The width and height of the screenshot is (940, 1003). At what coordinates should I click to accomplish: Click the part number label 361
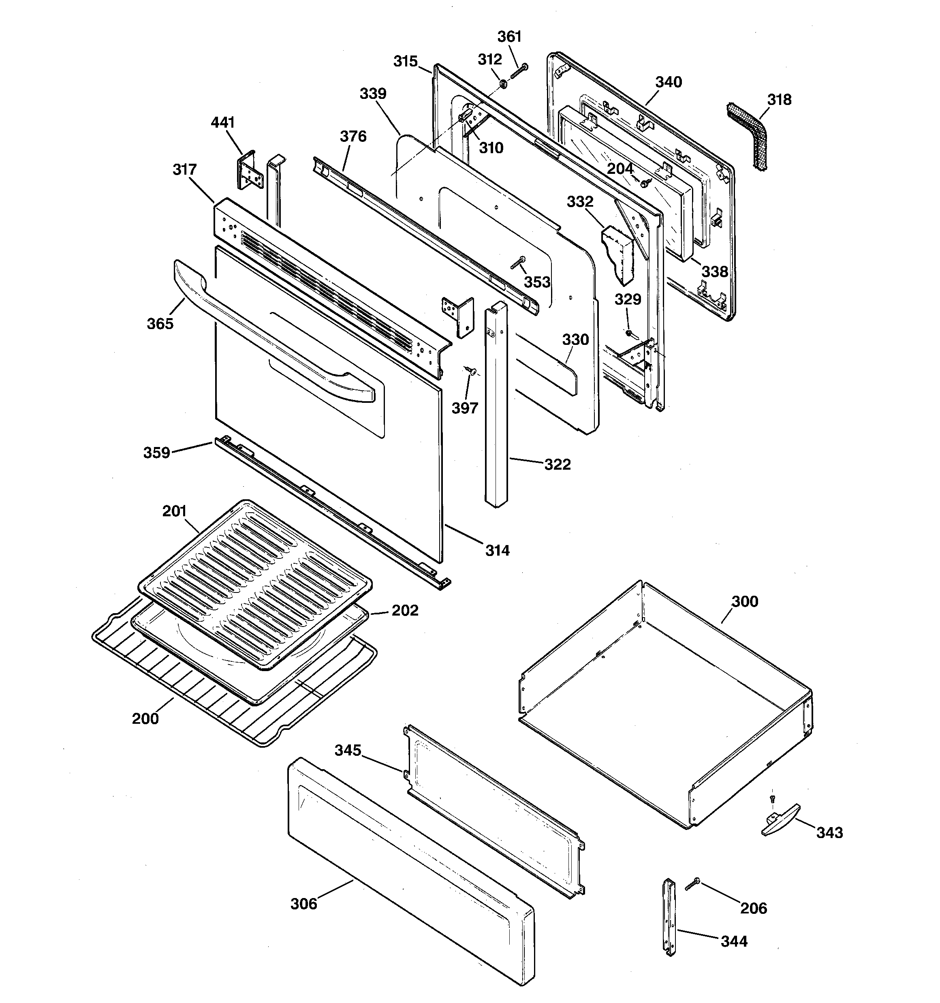pos(509,37)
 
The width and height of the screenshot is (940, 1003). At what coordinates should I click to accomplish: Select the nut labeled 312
pos(504,83)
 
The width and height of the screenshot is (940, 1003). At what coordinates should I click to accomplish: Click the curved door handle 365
pos(272,333)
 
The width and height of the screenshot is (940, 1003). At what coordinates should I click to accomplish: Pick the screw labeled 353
pos(517,262)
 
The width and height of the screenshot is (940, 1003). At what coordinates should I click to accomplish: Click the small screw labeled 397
pos(472,371)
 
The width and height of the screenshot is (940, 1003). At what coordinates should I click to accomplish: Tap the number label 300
pos(745,601)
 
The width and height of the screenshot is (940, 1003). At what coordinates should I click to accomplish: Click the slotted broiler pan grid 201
pos(255,585)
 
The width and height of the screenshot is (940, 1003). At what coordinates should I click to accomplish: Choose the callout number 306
pos(304,904)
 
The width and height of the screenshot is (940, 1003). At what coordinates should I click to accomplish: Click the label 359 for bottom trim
pos(156,453)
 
